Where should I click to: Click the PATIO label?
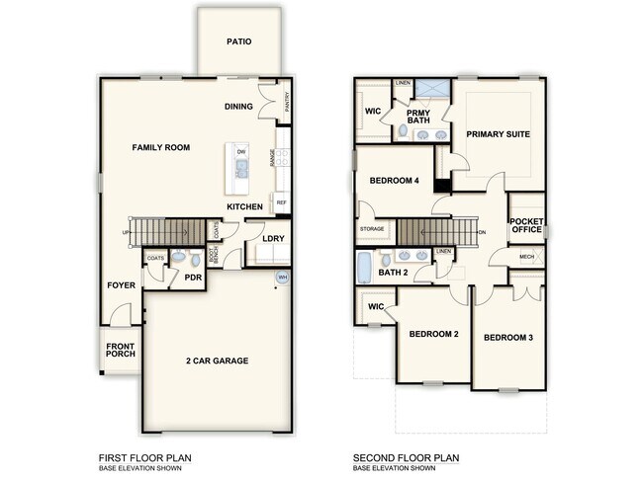[238, 42]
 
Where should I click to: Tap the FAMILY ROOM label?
[161, 147]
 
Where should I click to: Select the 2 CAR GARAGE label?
[218, 361]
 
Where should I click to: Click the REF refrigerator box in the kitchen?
[282, 202]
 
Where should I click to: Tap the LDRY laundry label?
[274, 238]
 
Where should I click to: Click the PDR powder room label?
[194, 279]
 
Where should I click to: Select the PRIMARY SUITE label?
[499, 134]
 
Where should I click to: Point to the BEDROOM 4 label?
[395, 181]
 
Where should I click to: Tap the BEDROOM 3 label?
[508, 338]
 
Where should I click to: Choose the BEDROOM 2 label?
[434, 335]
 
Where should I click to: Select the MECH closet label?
[526, 258]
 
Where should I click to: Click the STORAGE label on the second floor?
[372, 229]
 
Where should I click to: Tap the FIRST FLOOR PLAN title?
[144, 457]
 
